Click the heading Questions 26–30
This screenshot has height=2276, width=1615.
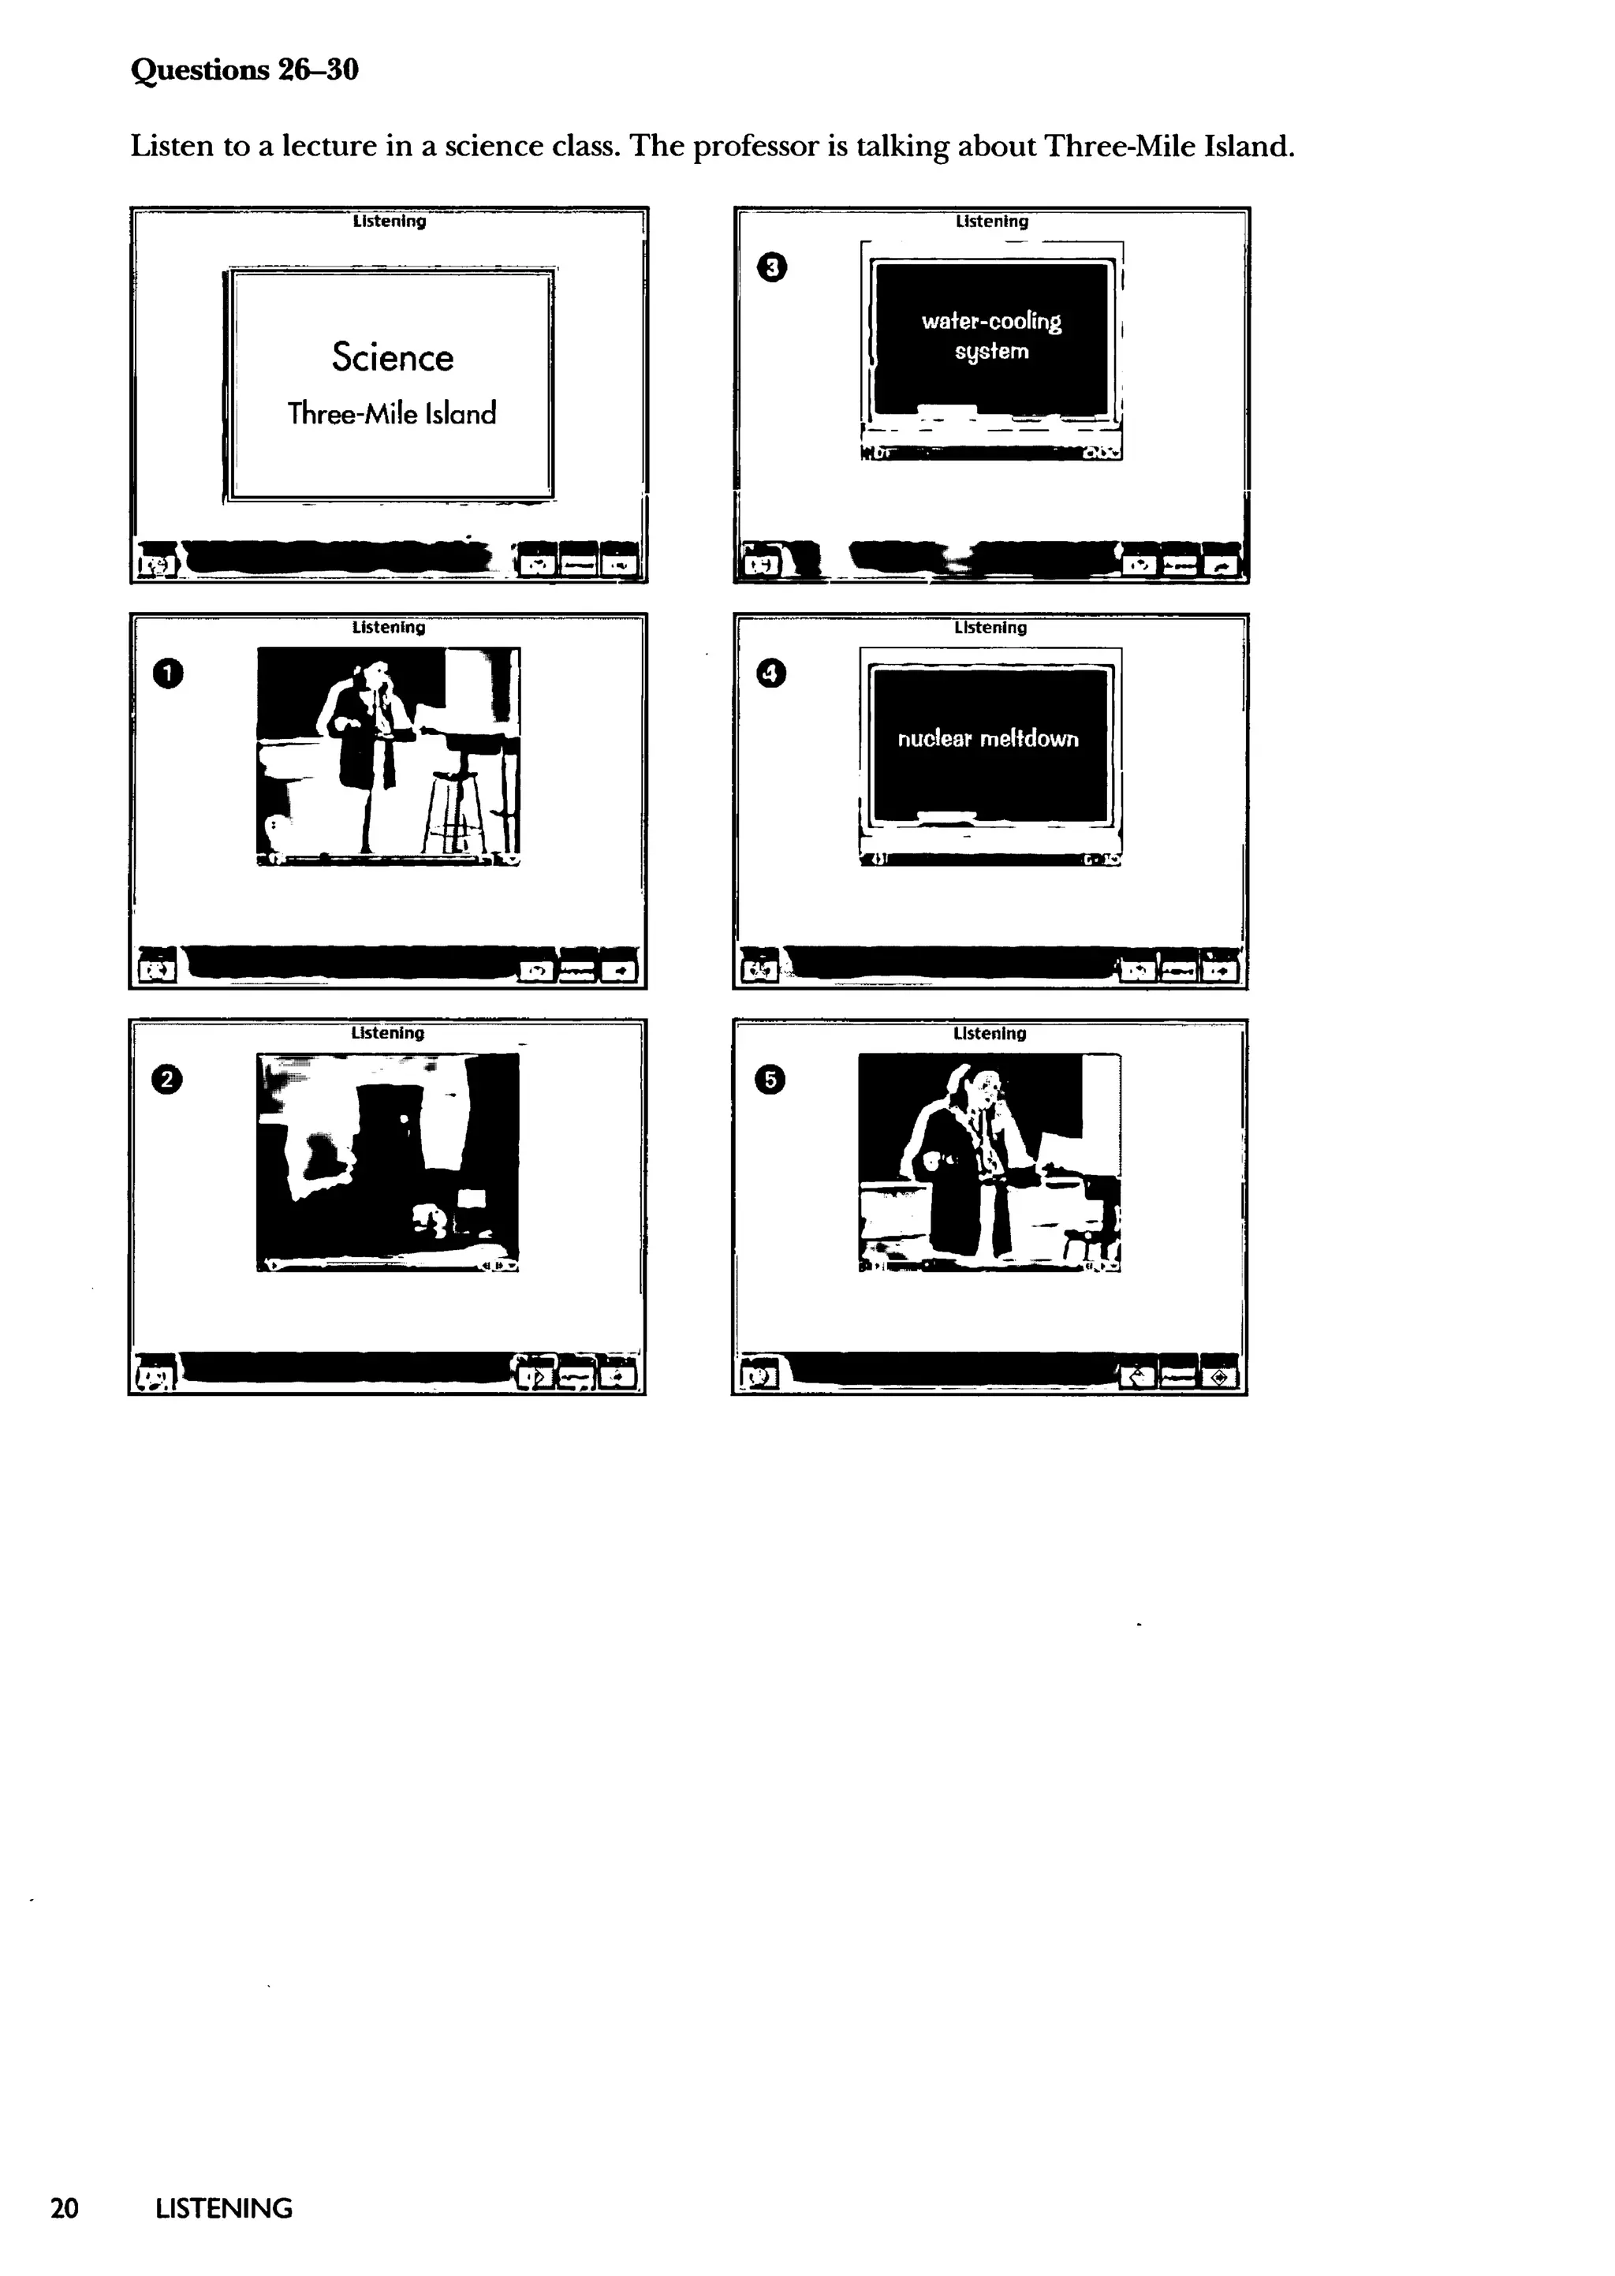point(244,69)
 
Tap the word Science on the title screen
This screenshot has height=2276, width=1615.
point(392,357)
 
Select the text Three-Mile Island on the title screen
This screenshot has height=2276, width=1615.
point(392,413)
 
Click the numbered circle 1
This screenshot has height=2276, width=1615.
point(168,674)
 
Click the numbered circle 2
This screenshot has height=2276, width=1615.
point(167,1080)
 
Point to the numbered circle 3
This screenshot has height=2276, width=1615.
point(772,267)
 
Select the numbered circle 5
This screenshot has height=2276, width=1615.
point(770,1080)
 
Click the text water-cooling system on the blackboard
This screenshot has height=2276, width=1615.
point(990,336)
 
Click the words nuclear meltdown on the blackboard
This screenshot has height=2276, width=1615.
point(987,739)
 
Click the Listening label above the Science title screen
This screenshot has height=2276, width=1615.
point(389,222)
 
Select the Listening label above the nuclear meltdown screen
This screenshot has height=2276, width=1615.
point(990,628)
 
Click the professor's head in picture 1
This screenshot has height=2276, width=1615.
point(379,682)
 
